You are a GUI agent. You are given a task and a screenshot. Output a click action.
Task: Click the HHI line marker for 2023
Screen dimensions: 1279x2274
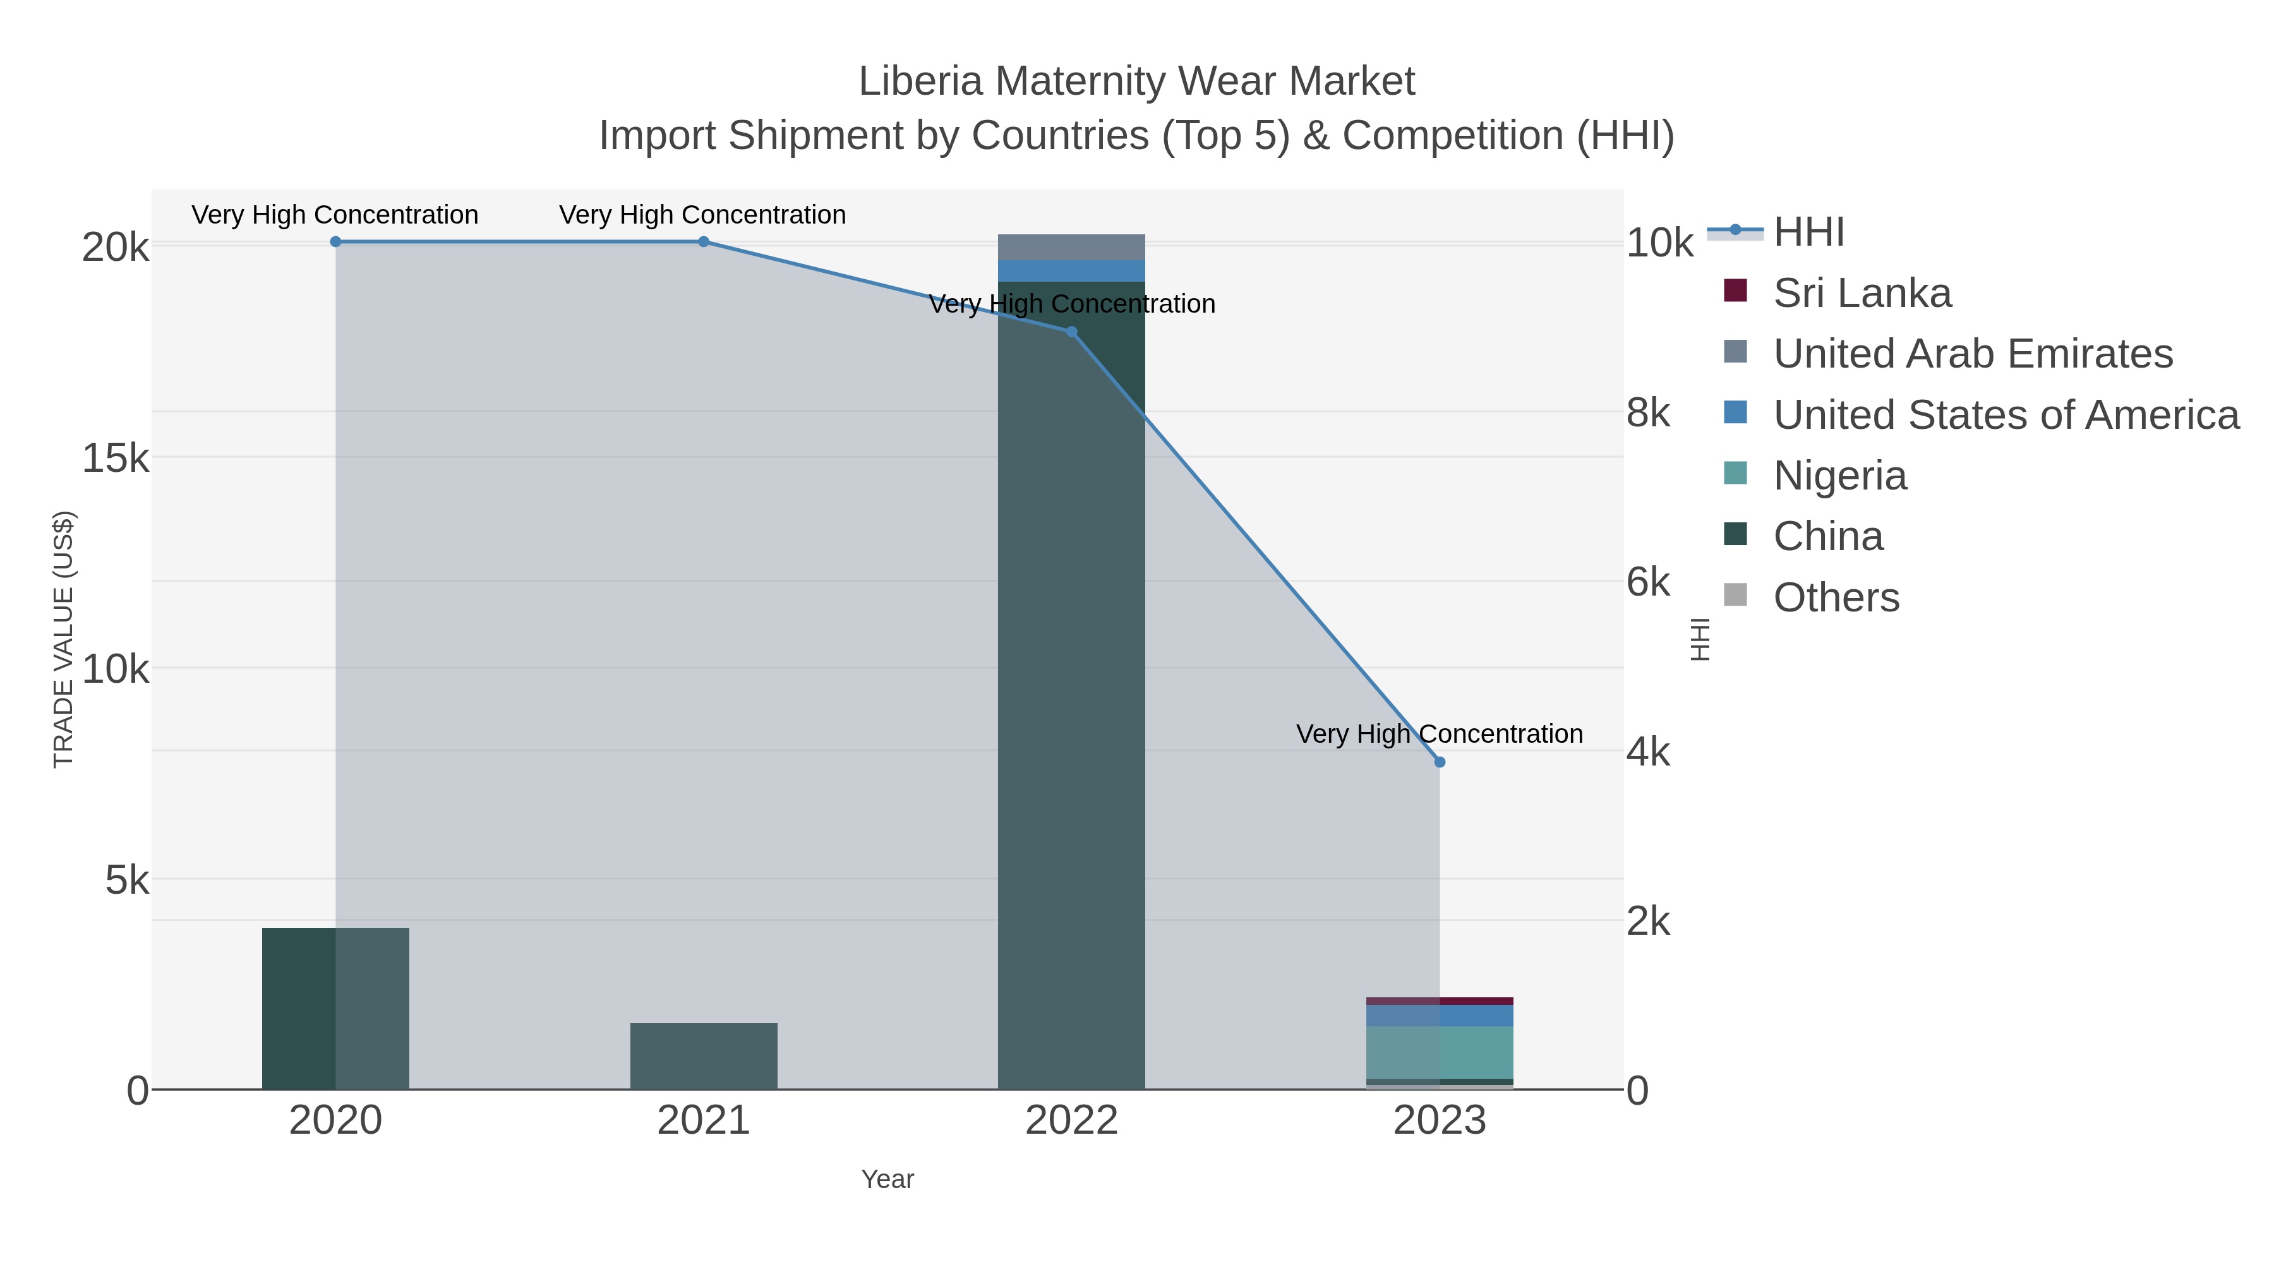(1439, 762)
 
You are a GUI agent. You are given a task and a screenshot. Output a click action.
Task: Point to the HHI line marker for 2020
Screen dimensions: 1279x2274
(335, 242)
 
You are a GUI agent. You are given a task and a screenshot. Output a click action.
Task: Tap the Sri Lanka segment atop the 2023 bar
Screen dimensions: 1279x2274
(1439, 1001)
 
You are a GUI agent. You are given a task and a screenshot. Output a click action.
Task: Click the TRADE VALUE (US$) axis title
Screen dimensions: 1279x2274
(64, 639)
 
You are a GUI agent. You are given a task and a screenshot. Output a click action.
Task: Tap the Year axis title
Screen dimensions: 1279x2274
(887, 1179)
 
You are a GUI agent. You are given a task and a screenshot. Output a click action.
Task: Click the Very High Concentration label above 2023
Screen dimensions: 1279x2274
(1439, 735)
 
